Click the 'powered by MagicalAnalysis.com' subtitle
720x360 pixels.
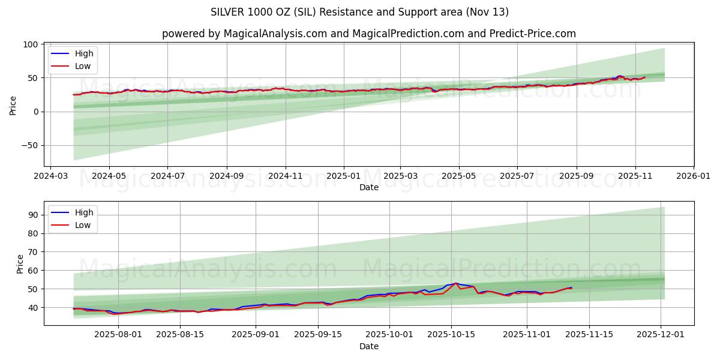pos(368,34)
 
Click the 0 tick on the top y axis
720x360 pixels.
pos(36,112)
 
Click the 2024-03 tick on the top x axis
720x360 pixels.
pos(50,178)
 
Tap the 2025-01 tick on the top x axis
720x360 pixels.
pos(344,178)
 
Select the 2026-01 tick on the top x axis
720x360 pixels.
pos(694,178)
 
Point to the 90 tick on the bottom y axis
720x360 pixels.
pos(34,215)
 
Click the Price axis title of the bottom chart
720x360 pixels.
pos(20,263)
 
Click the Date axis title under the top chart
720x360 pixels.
pos(368,188)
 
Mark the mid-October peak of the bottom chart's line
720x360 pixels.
pos(455,283)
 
